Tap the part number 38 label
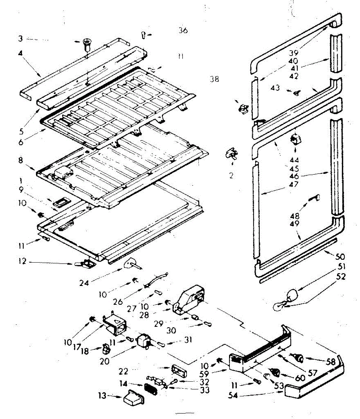[x=214, y=79]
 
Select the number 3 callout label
[x=21, y=38]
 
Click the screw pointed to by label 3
[x=86, y=45]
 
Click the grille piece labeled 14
[x=150, y=388]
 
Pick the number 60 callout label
[x=300, y=377]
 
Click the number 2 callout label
[x=231, y=176]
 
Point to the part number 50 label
[x=340, y=257]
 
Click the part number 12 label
[x=22, y=261]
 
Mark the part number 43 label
[x=275, y=88]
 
